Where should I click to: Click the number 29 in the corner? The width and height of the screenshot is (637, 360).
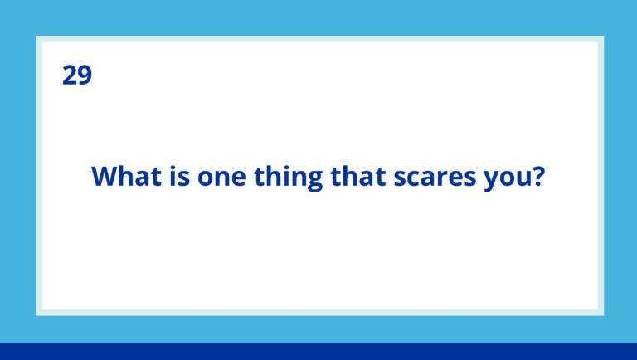[x=76, y=75]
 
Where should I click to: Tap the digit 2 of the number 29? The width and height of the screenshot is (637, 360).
[x=69, y=75]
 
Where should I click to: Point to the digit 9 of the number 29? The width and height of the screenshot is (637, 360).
[x=84, y=75]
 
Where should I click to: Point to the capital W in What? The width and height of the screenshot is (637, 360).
[x=105, y=177]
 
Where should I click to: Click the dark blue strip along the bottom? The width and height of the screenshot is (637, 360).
[x=318, y=351]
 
